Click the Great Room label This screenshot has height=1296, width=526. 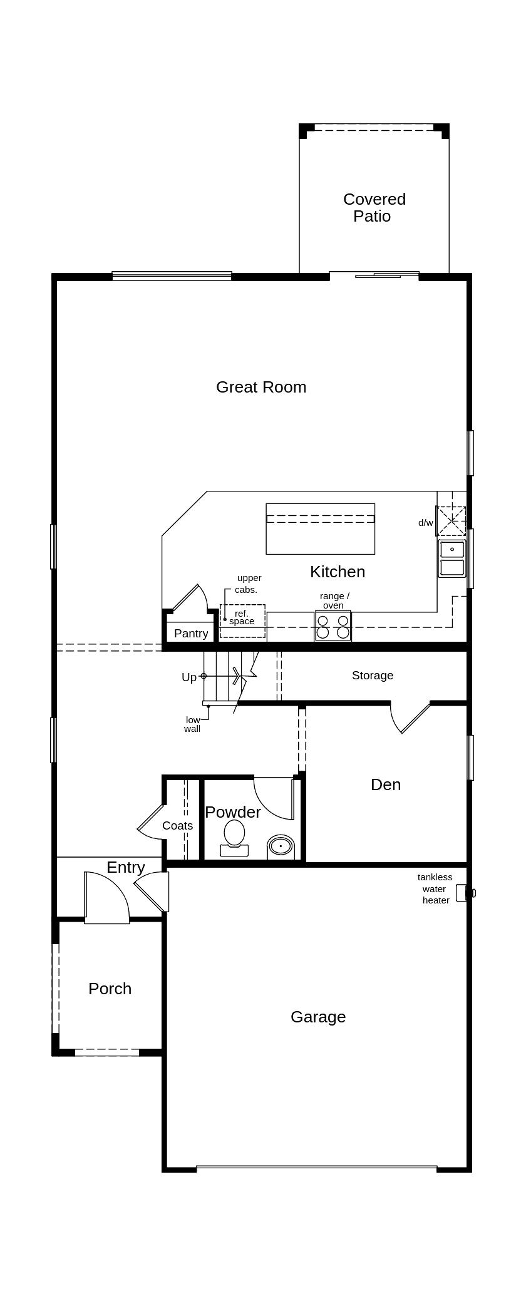coord(261,387)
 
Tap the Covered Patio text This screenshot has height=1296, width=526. coord(374,207)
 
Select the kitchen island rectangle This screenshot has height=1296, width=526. coord(320,529)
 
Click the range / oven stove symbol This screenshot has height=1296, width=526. coord(333,627)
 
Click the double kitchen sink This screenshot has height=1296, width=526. coord(451,558)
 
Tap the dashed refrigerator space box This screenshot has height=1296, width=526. coord(242,621)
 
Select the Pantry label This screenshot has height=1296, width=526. coord(191,633)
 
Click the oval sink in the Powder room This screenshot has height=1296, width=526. coord(281,846)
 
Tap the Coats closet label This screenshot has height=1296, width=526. coord(177,826)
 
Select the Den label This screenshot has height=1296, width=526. coord(385,784)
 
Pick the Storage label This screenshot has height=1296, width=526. coord(372,675)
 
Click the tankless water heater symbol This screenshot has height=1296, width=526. coord(462,893)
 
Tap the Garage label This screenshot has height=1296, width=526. coord(317,1017)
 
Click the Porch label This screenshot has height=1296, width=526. coord(110,989)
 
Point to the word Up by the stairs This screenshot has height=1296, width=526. coord(188,677)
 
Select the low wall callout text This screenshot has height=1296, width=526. coord(192,724)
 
